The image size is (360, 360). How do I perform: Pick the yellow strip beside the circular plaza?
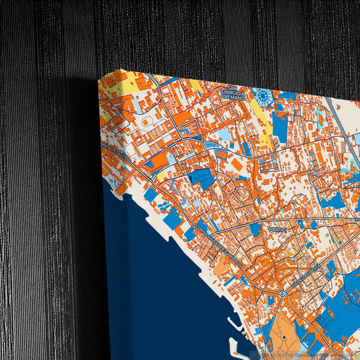(259, 119)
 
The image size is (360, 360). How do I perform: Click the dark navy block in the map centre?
(201, 178)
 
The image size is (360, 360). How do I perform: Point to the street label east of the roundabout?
(317, 273)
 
